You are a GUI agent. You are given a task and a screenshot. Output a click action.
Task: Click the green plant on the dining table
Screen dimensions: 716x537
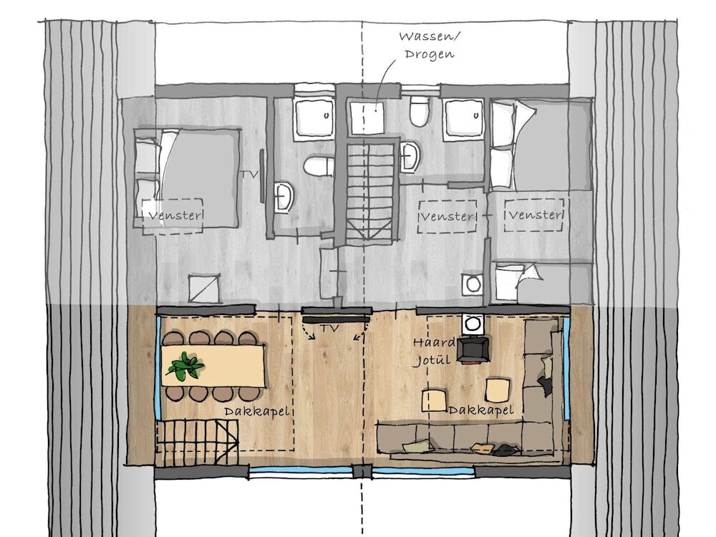point(185,366)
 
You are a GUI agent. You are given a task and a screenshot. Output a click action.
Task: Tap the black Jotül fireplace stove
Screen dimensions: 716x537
point(474,350)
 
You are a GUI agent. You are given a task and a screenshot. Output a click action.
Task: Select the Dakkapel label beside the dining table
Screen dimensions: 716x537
point(257,412)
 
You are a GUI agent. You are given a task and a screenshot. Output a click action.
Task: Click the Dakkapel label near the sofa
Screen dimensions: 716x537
point(481,410)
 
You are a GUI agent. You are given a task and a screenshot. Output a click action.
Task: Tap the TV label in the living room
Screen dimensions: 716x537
point(329,328)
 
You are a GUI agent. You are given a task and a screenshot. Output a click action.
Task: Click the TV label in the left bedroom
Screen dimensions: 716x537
point(249,175)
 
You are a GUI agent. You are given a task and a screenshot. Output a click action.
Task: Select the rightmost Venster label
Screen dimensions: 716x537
point(534,214)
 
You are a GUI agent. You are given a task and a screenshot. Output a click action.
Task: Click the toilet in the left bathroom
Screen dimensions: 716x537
point(319,166)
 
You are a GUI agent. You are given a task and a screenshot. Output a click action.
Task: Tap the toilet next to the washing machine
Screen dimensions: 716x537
point(419,111)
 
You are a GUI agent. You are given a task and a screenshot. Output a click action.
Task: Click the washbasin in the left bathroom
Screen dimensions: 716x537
point(284,198)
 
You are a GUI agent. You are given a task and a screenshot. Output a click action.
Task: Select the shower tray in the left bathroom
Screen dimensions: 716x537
point(314,117)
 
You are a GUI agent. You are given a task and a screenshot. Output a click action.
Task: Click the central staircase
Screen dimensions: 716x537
point(369,192)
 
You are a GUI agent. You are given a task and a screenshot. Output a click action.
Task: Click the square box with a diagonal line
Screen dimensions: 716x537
point(205,288)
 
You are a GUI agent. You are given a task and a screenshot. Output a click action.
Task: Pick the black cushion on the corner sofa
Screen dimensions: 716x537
point(546,385)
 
